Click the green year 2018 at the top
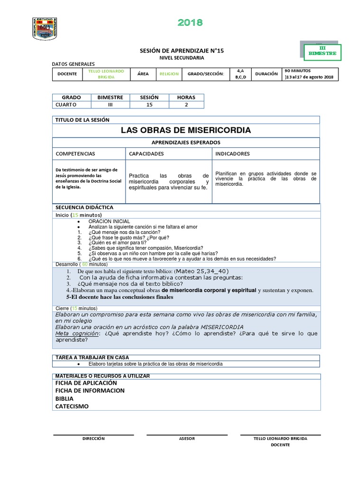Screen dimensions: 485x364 pyautogui.click(x=190, y=22)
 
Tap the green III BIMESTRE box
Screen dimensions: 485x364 pyautogui.click(x=322, y=51)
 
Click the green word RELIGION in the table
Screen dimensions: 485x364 pyautogui.click(x=169, y=74)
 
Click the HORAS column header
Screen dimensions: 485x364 pyautogui.click(x=186, y=97)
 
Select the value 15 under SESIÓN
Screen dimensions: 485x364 pyautogui.click(x=149, y=104)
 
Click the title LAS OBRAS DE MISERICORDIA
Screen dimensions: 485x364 pyautogui.click(x=186, y=130)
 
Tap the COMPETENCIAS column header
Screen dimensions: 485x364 pyautogui.click(x=75, y=154)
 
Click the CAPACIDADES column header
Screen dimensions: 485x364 pyautogui.click(x=146, y=154)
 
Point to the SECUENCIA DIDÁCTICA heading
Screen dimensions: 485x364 pyautogui.click(x=84, y=207)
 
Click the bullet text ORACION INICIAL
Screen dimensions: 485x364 pyautogui.click(x=109, y=221)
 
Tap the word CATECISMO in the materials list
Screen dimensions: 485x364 pyautogui.click(x=72, y=406)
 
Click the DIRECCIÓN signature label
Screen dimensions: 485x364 pyautogui.click(x=93, y=439)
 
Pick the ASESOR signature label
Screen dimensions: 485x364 pyautogui.click(x=187, y=439)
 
